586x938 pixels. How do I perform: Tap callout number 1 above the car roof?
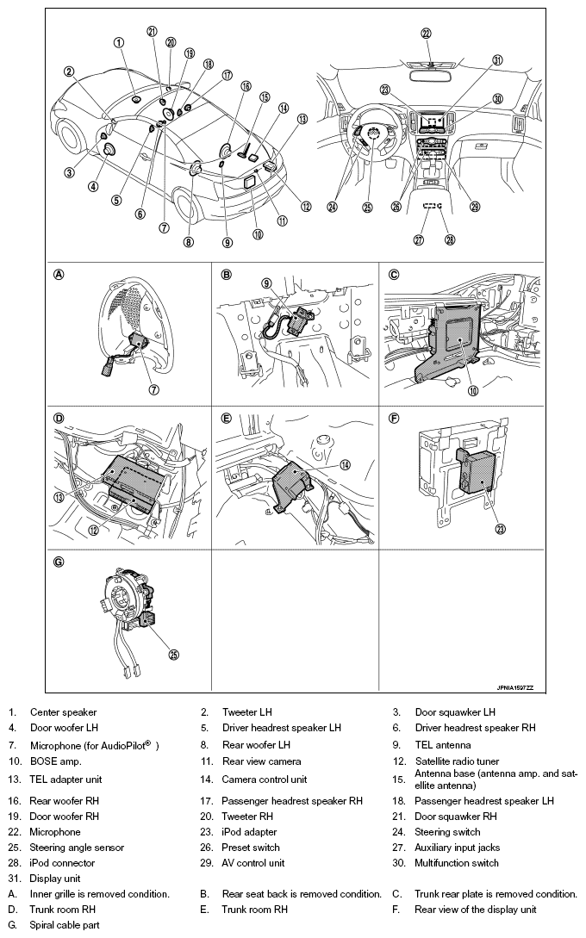(118, 41)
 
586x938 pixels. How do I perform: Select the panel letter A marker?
(59, 276)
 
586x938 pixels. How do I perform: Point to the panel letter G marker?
(59, 562)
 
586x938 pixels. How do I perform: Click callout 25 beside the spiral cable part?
(173, 655)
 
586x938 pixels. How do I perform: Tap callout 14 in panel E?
(345, 464)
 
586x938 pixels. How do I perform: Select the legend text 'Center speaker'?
(63, 712)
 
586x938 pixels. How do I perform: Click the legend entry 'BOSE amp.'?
(56, 761)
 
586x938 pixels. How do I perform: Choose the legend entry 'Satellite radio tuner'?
(458, 761)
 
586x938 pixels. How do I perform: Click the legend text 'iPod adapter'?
(249, 832)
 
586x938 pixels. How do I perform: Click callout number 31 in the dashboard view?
(497, 59)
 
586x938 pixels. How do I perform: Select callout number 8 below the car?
(189, 242)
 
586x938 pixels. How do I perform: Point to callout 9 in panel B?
(266, 283)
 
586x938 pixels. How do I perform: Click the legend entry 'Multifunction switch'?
(457, 863)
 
